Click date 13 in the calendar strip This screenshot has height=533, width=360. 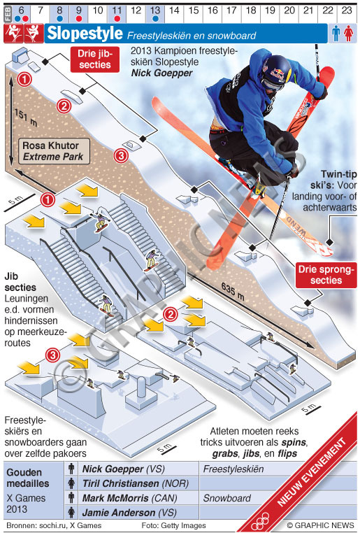click(155, 10)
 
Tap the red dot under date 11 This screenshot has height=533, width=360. click(117, 19)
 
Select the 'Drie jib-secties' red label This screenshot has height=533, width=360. click(95, 59)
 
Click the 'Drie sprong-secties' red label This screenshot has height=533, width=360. click(326, 275)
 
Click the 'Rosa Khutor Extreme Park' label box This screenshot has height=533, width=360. click(54, 151)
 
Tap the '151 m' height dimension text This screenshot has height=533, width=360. click(26, 118)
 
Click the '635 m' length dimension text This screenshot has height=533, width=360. click(233, 291)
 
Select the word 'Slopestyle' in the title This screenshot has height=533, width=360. click(85, 34)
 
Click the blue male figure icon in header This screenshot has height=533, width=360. click(336, 34)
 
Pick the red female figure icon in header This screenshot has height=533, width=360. click(348, 34)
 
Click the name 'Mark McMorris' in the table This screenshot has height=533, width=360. click(115, 498)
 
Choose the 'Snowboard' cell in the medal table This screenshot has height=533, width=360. click(226, 498)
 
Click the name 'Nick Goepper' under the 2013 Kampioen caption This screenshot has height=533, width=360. click(161, 73)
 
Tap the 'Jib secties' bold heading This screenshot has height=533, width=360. click(20, 282)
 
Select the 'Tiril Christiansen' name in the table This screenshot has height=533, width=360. click(121, 483)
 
